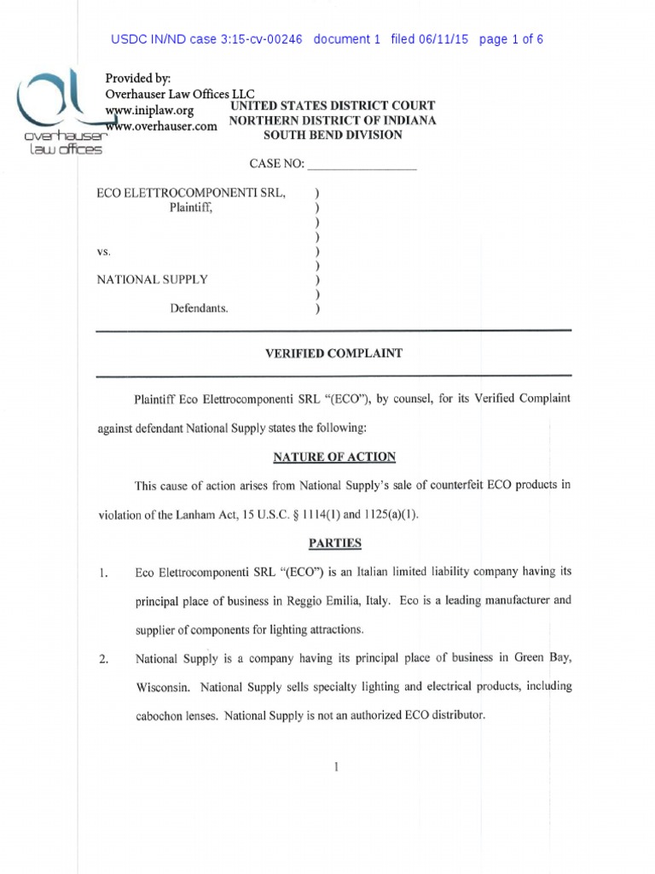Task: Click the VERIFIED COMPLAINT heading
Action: click(333, 353)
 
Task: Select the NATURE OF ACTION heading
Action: click(333, 457)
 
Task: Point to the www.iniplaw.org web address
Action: click(149, 110)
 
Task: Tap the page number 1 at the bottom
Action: click(338, 766)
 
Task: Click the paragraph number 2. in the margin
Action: click(104, 660)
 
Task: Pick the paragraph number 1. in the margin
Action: click(102, 574)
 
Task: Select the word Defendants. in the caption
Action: click(199, 308)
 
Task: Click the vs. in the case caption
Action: click(103, 252)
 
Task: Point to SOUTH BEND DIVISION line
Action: click(333, 136)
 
